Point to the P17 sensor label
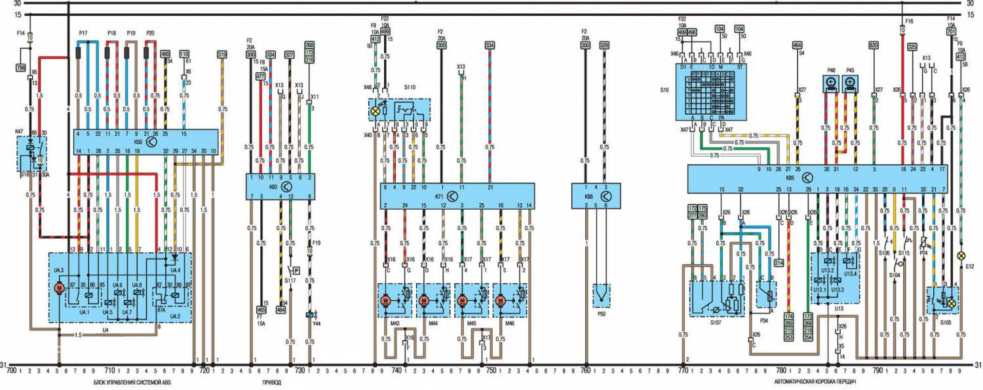(x=83, y=33)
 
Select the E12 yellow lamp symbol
(x=961, y=255)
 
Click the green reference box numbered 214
(x=779, y=263)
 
